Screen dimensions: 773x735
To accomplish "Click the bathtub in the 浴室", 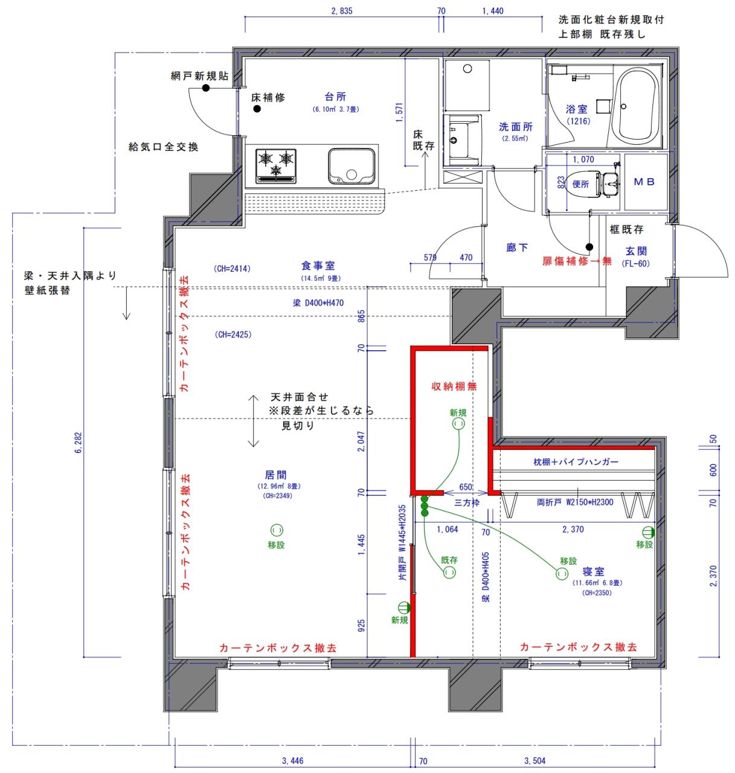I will [x=635, y=106].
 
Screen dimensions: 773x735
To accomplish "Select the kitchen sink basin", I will [x=351, y=166].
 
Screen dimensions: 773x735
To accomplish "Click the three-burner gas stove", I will [x=277, y=165].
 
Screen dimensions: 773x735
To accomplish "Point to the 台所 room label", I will [x=335, y=97].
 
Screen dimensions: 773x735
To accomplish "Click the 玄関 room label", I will [x=637, y=251].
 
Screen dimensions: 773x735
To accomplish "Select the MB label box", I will [x=644, y=182].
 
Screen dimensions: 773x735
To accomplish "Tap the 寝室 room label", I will [x=593, y=571].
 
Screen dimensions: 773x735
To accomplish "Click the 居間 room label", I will [x=276, y=475].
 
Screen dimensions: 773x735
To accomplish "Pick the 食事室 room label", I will [x=318, y=266].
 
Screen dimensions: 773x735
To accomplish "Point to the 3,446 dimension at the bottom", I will [x=292, y=761].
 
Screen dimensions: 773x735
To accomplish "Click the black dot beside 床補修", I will [x=257, y=109].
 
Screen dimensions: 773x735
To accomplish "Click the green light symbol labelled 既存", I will [x=449, y=572].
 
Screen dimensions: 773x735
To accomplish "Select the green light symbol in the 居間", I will [x=276, y=530].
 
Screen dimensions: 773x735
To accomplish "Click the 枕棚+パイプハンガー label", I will [x=576, y=462].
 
